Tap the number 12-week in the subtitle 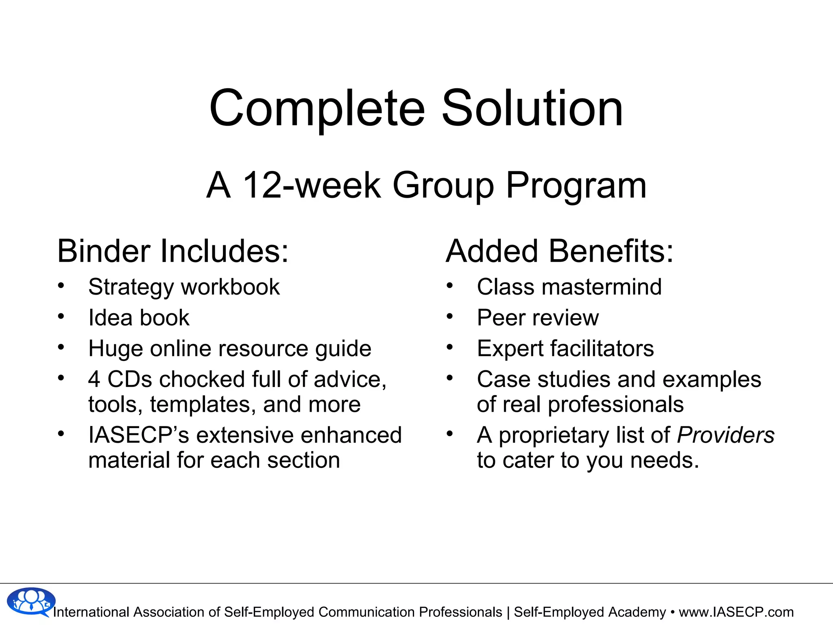(312, 185)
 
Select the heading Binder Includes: (173, 251)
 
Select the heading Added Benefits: (560, 251)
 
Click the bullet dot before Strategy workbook (61, 285)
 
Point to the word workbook (230, 287)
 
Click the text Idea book (139, 318)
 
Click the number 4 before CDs (94, 380)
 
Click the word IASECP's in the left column (139, 435)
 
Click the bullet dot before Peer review (449, 316)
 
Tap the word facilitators (602, 349)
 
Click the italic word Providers (725, 435)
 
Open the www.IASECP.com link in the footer (736, 612)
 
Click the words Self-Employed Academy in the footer (590, 612)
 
